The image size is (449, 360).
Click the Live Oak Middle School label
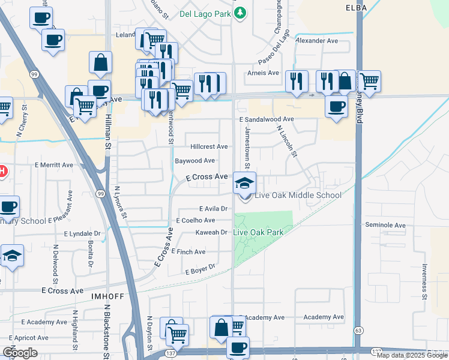pos(298,195)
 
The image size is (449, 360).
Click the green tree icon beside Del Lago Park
pos(240,12)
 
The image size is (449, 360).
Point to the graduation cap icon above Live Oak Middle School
pos(244,182)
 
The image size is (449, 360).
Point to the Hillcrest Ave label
pos(209,146)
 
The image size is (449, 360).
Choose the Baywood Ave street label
pos(194,161)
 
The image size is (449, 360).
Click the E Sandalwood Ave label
pos(267,119)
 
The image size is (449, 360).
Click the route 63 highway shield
pos(359,331)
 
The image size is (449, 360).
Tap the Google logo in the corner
pos(20,353)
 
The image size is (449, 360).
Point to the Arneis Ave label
pos(264,73)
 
